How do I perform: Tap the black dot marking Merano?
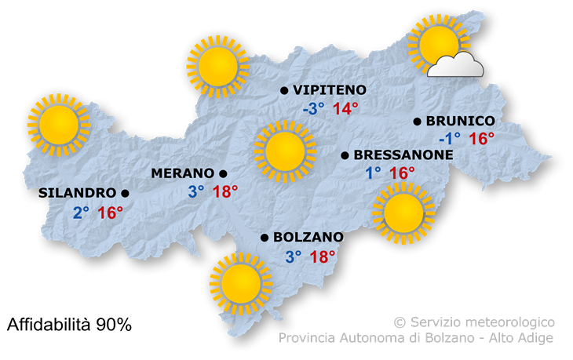coord(224,173)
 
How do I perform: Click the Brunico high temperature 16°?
coord(481,140)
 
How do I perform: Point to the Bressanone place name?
coord(403,155)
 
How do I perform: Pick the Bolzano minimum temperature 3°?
coord(294,256)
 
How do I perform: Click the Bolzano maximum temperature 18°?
coord(323,256)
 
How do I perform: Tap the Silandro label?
coord(77,193)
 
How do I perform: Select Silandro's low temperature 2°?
coord(82,212)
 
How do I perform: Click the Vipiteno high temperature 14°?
coord(345,109)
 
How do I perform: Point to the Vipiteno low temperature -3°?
coord(314,109)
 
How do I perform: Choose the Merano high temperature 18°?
coord(224,191)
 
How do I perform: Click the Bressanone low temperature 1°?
coord(373,173)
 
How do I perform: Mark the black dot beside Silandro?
coord(125,193)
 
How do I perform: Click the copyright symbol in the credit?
coord(400,322)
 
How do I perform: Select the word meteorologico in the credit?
coord(509,322)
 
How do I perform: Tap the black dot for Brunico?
coord(418,122)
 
